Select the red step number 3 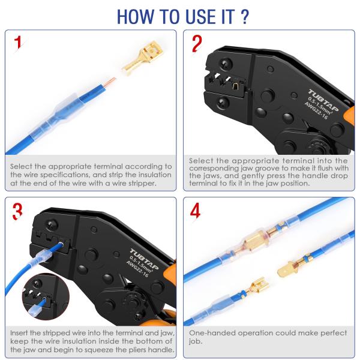point(19,212)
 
